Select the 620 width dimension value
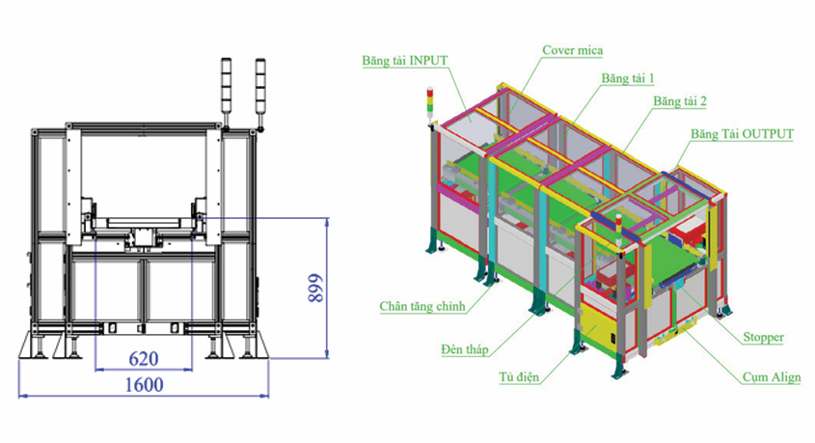pyautogui.click(x=143, y=359)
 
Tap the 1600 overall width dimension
pyautogui.click(x=142, y=384)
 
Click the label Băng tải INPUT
pyautogui.click(x=405, y=59)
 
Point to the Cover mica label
pyautogui.click(x=573, y=49)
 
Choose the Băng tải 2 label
pyautogui.click(x=680, y=100)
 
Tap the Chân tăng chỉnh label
pyautogui.click(x=422, y=306)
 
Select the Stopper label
pyautogui.click(x=763, y=338)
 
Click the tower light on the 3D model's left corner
pyautogui.click(x=431, y=106)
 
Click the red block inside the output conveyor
pyautogui.click(x=691, y=233)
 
